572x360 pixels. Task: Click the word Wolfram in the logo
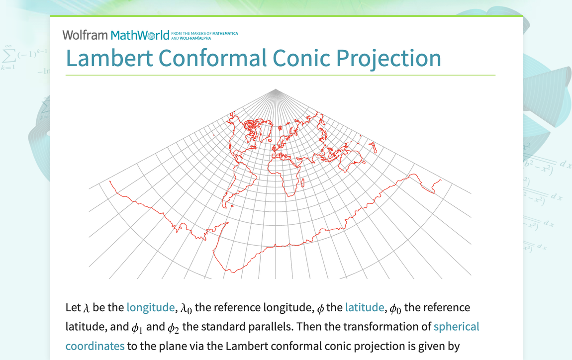[x=85, y=35]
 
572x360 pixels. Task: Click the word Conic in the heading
[x=301, y=58]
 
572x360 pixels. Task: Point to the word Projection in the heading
[x=388, y=58]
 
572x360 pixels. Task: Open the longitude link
[x=150, y=307]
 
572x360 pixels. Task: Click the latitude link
[x=365, y=307]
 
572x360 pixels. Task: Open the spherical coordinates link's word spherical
[x=457, y=327]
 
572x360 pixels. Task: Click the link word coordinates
[x=95, y=346]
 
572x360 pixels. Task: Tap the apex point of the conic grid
[x=276, y=90]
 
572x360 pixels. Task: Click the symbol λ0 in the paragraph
[x=186, y=308]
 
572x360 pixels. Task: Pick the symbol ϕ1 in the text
[x=137, y=328]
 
